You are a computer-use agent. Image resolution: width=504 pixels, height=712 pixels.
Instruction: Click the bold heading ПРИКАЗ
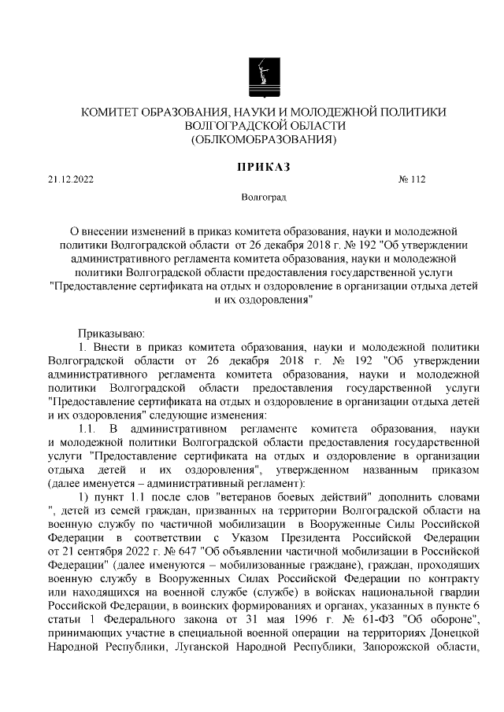click(264, 166)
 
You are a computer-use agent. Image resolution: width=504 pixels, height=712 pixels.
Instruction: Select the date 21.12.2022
click(71, 179)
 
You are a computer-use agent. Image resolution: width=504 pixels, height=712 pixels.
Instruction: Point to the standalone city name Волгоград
click(264, 197)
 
